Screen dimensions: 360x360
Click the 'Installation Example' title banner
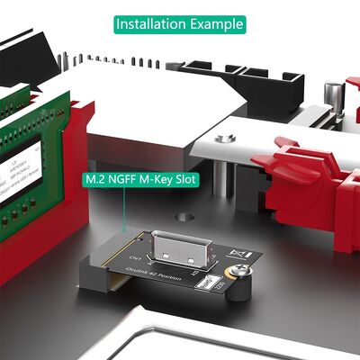(x=179, y=23)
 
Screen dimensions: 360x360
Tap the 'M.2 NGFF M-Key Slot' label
(x=140, y=180)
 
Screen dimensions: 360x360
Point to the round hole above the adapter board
(x=186, y=217)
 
